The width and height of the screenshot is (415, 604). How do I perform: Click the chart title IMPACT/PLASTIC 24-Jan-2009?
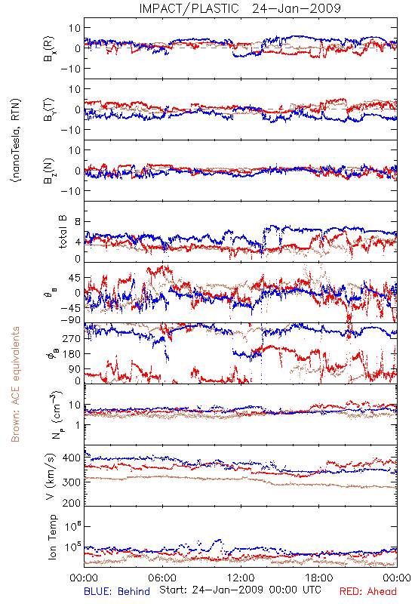(240, 8)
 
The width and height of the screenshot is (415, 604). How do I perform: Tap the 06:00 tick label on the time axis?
(162, 578)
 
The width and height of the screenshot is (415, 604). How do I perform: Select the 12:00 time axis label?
(241, 578)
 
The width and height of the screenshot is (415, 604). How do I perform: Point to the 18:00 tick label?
(319, 578)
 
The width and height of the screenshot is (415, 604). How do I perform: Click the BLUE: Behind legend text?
(117, 591)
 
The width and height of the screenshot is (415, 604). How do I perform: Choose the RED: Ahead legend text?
(368, 591)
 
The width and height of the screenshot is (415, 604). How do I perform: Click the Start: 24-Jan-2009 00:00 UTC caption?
(241, 590)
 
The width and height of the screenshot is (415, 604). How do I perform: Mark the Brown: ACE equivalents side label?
(15, 384)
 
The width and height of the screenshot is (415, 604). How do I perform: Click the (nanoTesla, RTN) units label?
(16, 140)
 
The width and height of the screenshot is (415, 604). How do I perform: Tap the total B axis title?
(63, 232)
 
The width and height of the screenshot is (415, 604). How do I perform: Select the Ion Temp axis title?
(53, 537)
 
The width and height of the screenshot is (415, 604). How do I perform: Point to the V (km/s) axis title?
(51, 476)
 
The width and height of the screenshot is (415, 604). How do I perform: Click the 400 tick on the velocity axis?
(71, 458)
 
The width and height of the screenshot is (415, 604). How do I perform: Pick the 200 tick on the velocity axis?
(71, 502)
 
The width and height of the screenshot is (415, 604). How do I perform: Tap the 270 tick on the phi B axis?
(72, 338)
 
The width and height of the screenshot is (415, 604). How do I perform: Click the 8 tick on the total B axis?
(78, 222)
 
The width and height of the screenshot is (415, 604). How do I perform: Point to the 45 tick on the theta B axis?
(75, 278)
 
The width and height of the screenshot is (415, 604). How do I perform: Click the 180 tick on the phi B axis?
(72, 353)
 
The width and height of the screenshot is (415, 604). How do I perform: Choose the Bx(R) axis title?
(49, 49)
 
